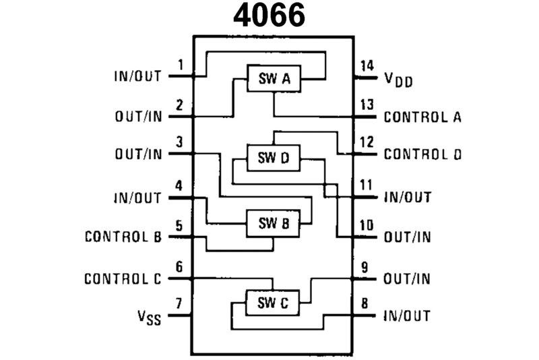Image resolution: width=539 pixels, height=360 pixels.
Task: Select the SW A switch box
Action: tap(274, 80)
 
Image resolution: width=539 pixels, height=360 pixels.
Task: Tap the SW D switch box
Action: tap(274, 158)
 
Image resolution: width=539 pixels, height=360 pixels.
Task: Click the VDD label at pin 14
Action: tap(399, 80)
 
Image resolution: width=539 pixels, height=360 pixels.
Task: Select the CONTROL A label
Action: tap(422, 117)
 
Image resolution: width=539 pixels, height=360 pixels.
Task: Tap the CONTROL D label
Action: tap(422, 154)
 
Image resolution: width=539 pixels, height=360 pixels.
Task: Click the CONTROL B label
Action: tap(123, 237)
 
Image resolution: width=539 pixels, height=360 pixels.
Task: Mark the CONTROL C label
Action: tap(123, 278)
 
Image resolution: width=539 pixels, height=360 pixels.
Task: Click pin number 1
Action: tap(180, 65)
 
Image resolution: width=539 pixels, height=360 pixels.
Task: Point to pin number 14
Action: tap(367, 65)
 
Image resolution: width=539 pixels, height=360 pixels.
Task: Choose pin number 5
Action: tap(179, 224)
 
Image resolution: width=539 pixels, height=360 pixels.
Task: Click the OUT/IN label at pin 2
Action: tap(138, 117)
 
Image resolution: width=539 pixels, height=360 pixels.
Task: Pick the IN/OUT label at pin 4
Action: tap(138, 198)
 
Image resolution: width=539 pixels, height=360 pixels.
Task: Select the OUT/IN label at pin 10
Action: tap(407, 237)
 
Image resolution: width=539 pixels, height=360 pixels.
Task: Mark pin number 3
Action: tap(179, 142)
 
